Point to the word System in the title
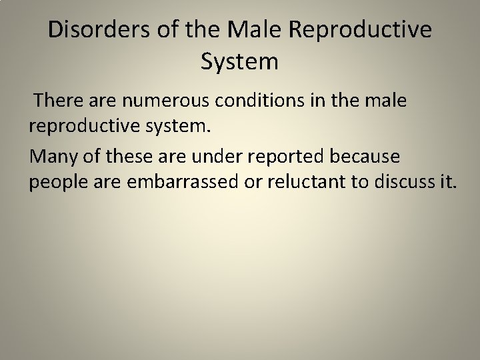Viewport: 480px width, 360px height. (239, 63)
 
